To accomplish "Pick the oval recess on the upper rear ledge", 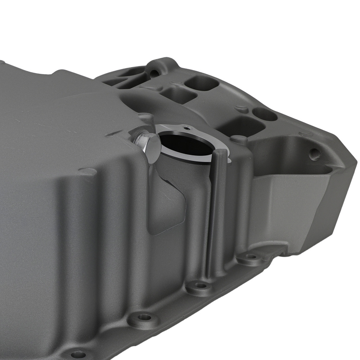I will tap(265, 114).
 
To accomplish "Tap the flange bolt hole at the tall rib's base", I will tap(201, 286).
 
